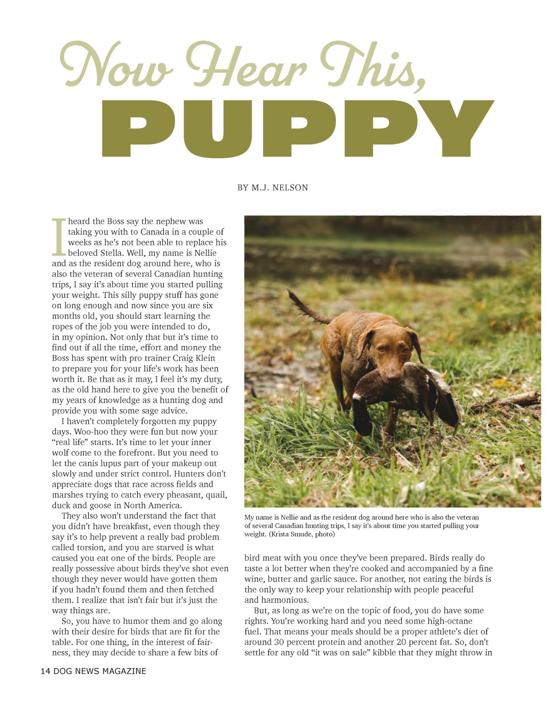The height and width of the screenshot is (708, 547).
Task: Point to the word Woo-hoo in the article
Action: [71, 432]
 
